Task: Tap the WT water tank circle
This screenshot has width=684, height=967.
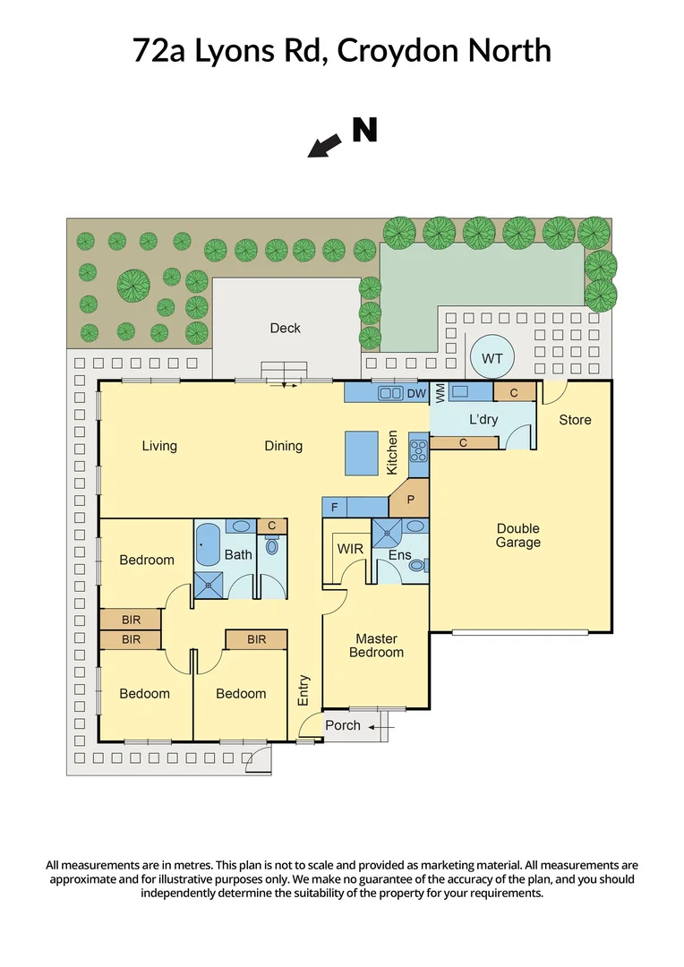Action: click(x=492, y=358)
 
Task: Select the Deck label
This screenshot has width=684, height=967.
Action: click(x=285, y=329)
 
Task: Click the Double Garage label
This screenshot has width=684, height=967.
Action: click(x=518, y=535)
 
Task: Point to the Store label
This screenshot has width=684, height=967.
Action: click(x=575, y=419)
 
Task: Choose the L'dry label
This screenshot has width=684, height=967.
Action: click(x=483, y=420)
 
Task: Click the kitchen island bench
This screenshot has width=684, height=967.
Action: click(x=363, y=454)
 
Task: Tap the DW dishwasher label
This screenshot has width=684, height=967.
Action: click(x=416, y=392)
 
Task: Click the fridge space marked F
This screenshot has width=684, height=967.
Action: click(x=335, y=508)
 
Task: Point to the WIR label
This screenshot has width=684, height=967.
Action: click(x=348, y=548)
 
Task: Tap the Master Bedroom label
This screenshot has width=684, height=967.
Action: click(x=376, y=646)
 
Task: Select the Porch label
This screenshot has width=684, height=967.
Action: click(x=342, y=725)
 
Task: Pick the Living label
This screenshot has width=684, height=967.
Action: click(x=159, y=446)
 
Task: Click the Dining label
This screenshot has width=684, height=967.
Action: click(x=283, y=446)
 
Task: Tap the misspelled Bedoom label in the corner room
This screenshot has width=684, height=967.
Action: click(x=144, y=693)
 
